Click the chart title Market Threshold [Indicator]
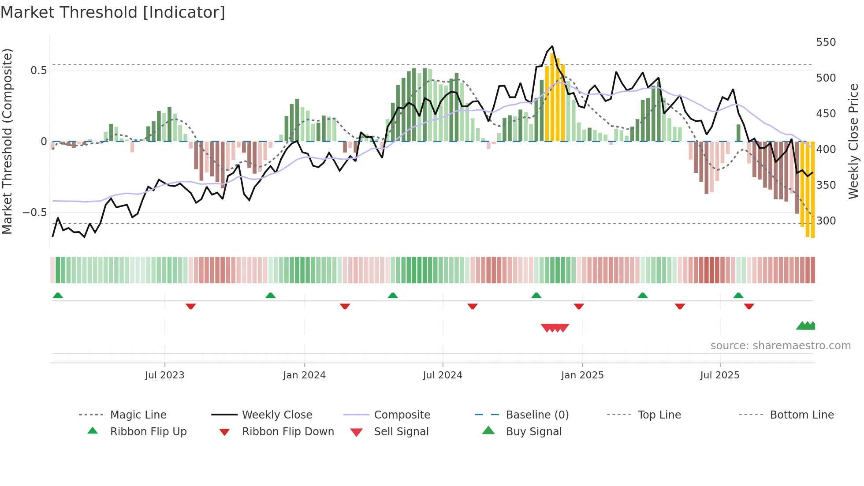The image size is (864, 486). coord(113,12)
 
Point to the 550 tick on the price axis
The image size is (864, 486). coord(826,42)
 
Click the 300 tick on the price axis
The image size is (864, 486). coord(826,221)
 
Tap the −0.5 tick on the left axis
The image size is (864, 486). coord(34,213)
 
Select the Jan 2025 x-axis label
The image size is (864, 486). coord(582,375)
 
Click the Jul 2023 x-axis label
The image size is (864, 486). coord(164,375)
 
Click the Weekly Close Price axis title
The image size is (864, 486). coord(853,141)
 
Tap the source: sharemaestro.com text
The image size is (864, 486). coord(780,346)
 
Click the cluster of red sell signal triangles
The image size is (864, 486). coord(555,328)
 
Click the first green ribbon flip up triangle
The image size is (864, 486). coord(58,295)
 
